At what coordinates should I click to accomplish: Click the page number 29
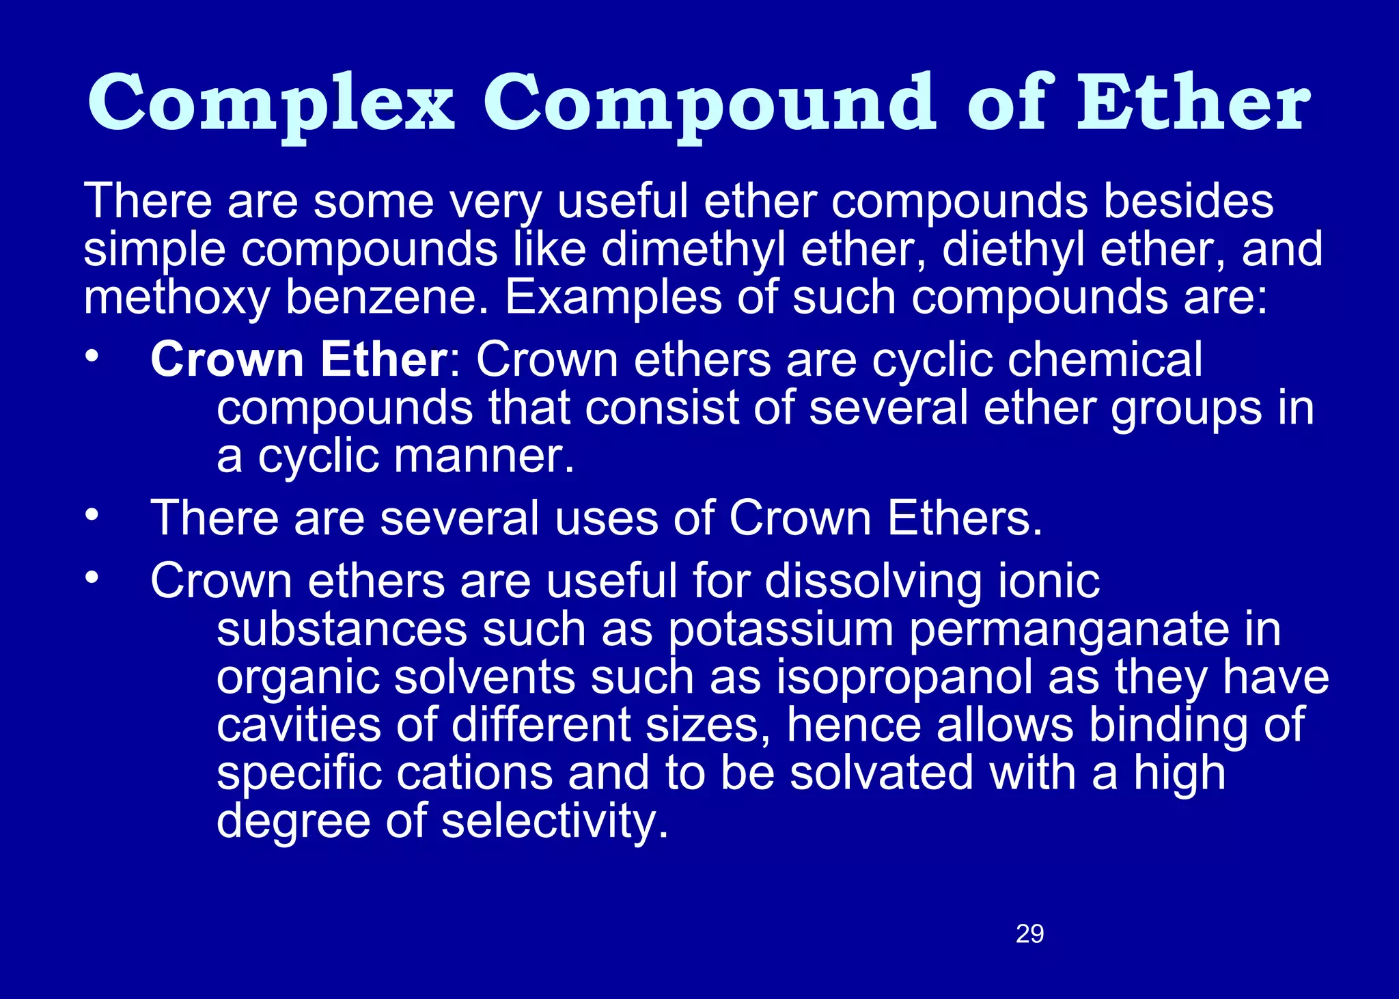click(1029, 933)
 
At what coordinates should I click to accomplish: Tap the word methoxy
click(176, 298)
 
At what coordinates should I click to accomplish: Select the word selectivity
click(555, 821)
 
